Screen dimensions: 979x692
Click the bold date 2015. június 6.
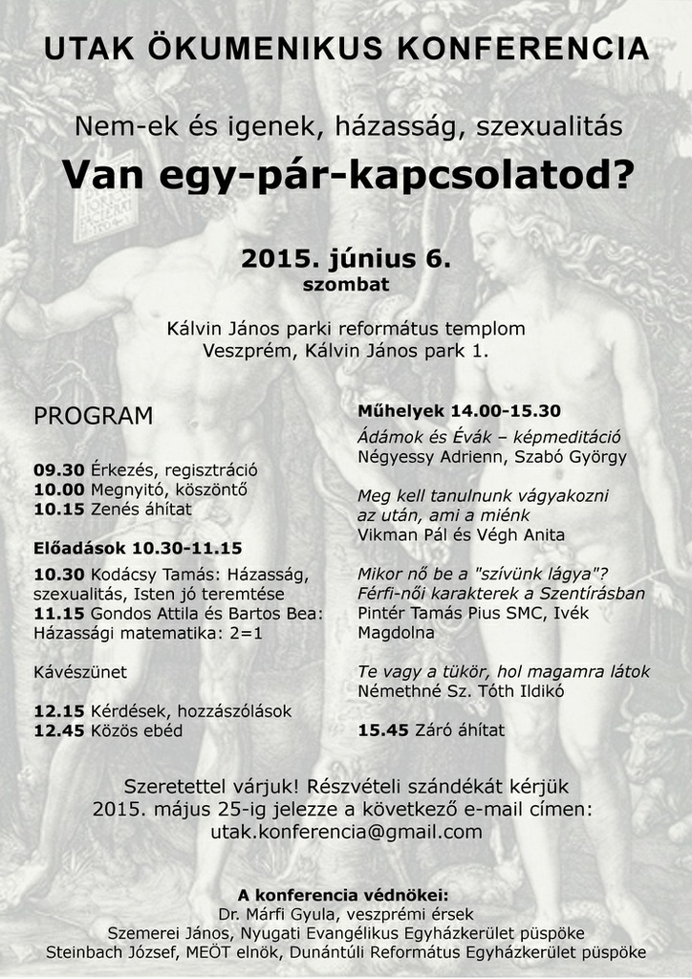pyautogui.click(x=345, y=258)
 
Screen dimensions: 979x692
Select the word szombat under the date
pyautogui.click(x=346, y=284)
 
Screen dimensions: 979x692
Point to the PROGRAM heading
pyautogui.click(x=94, y=416)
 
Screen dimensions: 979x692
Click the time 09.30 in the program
pyautogui.click(x=59, y=469)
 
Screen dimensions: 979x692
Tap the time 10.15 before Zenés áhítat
pyautogui.click(x=59, y=509)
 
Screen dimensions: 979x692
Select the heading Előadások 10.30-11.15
pyautogui.click(x=138, y=548)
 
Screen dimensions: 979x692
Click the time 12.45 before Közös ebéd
pyautogui.click(x=59, y=730)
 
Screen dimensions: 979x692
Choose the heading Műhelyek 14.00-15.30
pyautogui.click(x=459, y=411)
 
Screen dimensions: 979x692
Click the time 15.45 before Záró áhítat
pyautogui.click(x=384, y=729)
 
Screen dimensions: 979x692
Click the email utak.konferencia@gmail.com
pyautogui.click(x=346, y=832)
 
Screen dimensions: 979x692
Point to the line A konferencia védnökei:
pyautogui.click(x=343, y=895)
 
